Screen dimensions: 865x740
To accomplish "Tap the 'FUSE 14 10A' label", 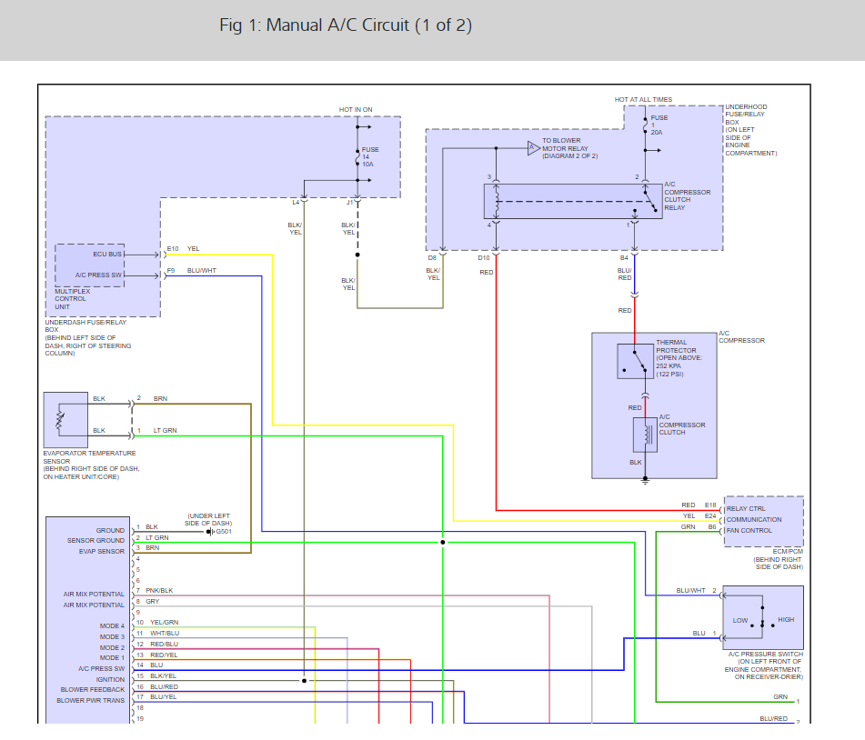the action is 370,156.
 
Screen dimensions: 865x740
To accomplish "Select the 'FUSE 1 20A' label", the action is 659,125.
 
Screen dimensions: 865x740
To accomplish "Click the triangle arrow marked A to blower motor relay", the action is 533,148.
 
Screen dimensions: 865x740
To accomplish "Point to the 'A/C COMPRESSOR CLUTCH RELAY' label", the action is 688,195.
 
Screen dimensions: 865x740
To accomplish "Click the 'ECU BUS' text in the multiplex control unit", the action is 107,255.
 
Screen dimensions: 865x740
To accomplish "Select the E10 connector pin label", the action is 173,249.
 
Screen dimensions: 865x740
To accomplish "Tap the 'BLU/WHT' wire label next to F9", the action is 201,271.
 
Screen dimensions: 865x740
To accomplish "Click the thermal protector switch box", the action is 635,361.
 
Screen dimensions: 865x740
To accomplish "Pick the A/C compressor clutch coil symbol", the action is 645,435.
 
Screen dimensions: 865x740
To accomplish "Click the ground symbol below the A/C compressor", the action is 645,481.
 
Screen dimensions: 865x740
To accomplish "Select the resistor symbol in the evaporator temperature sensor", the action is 60,420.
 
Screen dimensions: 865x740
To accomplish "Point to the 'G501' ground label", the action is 224,532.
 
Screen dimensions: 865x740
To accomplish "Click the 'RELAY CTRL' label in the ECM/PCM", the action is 746,509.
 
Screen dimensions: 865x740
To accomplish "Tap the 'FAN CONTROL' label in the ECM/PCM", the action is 749,531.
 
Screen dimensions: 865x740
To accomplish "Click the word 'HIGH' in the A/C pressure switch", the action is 786,620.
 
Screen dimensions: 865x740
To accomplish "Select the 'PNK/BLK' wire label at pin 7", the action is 159,591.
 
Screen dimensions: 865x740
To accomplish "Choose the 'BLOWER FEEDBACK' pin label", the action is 93,690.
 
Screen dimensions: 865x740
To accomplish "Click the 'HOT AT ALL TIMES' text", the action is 643,100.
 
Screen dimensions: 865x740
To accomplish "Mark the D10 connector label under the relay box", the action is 484,258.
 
